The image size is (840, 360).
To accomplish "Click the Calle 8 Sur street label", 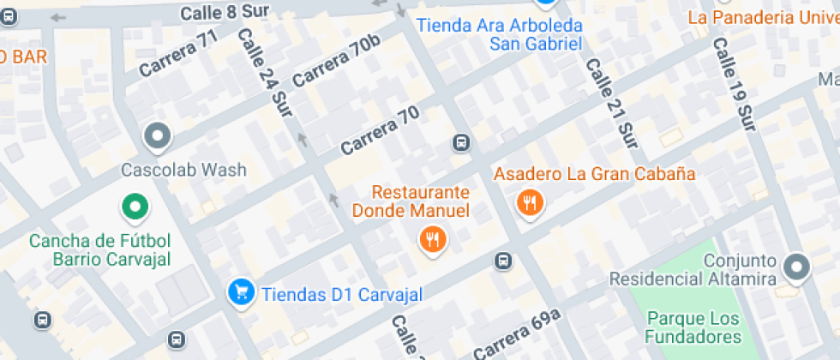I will [224, 12].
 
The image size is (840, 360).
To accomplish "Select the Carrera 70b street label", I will [336, 61].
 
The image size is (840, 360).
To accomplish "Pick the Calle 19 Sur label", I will [735, 87].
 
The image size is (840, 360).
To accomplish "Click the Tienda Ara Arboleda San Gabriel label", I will [499, 34].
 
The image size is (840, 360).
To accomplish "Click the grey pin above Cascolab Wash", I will [158, 135].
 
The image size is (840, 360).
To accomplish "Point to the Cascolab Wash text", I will [183, 170].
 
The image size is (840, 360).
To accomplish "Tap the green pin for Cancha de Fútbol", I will [134, 206].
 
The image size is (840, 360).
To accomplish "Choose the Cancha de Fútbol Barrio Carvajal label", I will [100, 249].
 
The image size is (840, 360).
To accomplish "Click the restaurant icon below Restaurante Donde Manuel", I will [433, 240].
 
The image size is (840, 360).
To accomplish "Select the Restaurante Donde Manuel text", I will [423, 201].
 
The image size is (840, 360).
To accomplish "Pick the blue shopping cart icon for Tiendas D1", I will [241, 293].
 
